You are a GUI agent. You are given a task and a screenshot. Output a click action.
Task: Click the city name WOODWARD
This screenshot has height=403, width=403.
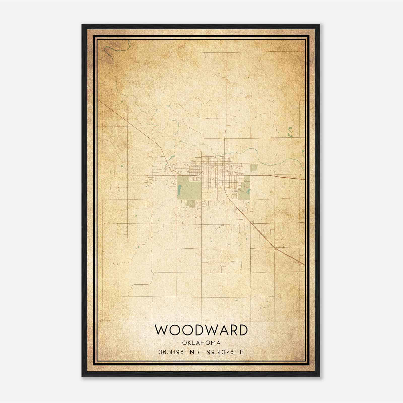tap(201, 330)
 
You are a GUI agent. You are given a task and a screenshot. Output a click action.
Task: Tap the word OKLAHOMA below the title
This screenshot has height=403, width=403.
tap(201, 343)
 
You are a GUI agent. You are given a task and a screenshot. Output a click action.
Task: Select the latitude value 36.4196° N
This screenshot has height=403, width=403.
tap(176, 352)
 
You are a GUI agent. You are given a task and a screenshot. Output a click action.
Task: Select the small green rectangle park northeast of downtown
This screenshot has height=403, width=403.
tap(254, 167)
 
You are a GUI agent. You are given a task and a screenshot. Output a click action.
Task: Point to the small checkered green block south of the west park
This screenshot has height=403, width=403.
tap(192, 204)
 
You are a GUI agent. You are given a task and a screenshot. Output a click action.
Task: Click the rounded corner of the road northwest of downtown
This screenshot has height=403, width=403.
tap(200, 152)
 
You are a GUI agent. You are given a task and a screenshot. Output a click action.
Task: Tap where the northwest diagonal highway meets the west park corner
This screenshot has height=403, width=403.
tap(177, 175)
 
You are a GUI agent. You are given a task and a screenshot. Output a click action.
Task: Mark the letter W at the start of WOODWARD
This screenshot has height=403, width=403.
tap(160, 330)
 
